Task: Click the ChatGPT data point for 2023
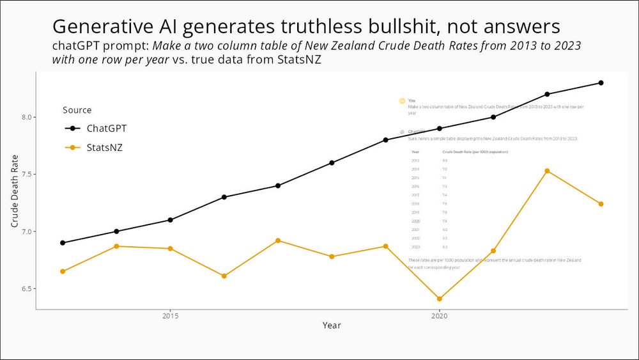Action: click(601, 83)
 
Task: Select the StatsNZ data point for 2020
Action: click(440, 299)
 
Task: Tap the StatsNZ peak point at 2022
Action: click(547, 171)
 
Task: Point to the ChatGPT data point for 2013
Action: click(63, 243)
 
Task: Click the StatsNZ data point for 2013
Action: click(63, 272)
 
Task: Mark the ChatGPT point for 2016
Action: click(224, 197)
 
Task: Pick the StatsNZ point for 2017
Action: click(278, 240)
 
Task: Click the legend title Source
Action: click(77, 110)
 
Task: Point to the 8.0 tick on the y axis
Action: click(26, 118)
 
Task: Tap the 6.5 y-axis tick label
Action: click(26, 289)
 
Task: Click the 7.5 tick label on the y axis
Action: click(26, 175)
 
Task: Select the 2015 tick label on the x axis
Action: click(170, 316)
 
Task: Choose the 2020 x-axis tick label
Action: click(440, 316)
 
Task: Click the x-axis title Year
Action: click(332, 325)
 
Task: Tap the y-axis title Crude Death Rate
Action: click(15, 191)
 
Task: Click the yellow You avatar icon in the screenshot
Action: click(402, 101)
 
